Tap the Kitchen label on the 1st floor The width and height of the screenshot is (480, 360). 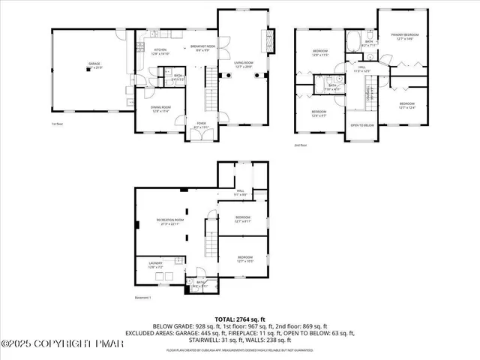pos(160,51)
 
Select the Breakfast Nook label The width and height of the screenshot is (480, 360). pos(202,49)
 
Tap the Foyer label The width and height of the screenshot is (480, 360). pos(201,125)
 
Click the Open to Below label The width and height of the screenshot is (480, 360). pos(362,124)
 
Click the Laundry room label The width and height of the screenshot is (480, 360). pos(156,265)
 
